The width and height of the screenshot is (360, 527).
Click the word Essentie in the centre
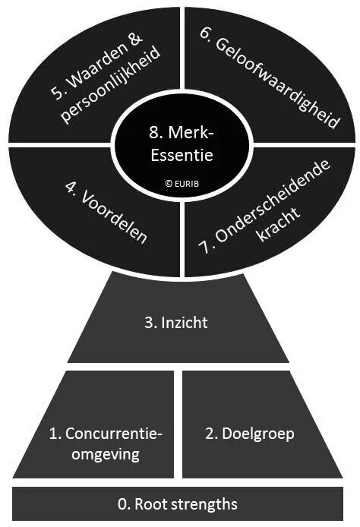[181, 158]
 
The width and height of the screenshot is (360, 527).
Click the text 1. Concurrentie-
[105, 434]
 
